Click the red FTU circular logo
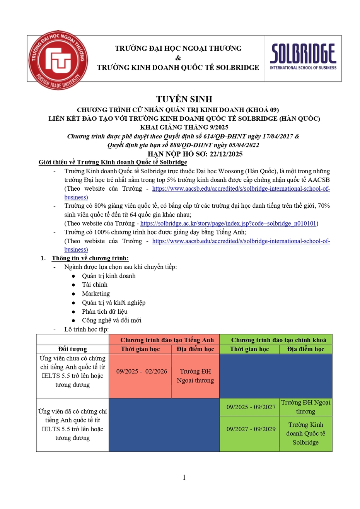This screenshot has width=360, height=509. [x=58, y=60]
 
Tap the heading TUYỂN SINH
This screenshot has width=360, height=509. [x=184, y=99]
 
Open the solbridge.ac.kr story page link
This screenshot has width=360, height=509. [x=228, y=223]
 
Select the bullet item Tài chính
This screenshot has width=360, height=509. [x=95, y=285]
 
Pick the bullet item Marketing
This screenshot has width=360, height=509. [x=96, y=294]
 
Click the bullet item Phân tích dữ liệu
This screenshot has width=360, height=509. [x=105, y=311]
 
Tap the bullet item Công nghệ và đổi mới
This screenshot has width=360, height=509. [x=112, y=320]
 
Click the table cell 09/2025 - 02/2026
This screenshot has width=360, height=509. [x=142, y=371]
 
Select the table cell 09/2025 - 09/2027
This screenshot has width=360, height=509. [x=251, y=407]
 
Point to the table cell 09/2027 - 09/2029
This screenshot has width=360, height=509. [x=251, y=429]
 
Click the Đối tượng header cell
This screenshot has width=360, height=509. [x=73, y=349]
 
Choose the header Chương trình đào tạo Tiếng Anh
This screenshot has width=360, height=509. [x=167, y=340]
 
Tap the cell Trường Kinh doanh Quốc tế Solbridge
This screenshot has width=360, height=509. [x=305, y=434]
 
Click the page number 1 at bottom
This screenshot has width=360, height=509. [x=184, y=477]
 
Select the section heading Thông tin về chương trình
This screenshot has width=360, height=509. [x=90, y=258]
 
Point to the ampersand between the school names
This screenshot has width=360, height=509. [x=178, y=58]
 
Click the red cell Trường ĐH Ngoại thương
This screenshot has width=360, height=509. [x=195, y=376]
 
